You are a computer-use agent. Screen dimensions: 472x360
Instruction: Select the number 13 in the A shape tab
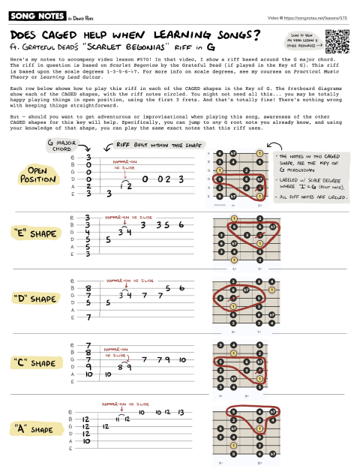[181, 413]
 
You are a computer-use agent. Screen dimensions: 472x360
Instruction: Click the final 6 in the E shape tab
[181, 224]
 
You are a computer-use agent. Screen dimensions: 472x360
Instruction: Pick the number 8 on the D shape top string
[89, 287]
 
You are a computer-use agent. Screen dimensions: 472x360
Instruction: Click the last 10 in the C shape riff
[181, 361]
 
